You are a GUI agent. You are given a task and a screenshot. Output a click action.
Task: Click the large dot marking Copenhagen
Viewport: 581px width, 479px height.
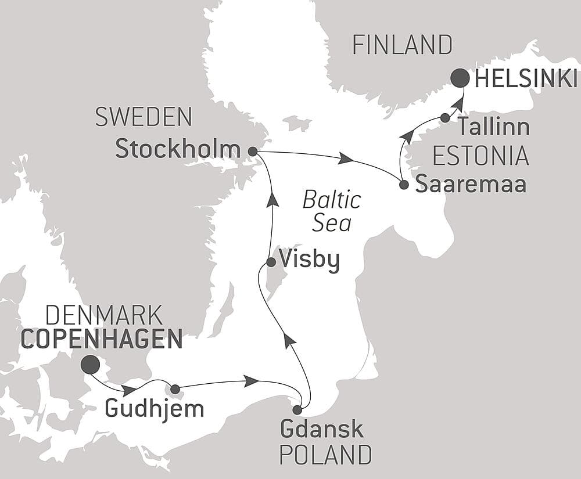(89, 365)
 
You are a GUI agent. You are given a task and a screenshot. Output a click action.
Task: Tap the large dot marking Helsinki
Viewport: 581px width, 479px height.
(461, 78)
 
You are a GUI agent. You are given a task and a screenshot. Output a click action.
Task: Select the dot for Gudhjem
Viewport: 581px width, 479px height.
(175, 389)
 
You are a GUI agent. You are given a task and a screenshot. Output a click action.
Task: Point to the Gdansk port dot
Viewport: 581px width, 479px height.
(297, 410)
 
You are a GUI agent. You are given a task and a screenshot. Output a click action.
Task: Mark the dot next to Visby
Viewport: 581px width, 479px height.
(271, 262)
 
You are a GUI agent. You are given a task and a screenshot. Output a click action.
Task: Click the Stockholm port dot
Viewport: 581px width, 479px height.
(252, 151)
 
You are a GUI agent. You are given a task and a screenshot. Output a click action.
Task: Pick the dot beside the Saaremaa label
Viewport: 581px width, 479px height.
(404, 185)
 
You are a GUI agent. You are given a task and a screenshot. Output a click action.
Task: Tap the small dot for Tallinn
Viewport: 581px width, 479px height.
(445, 118)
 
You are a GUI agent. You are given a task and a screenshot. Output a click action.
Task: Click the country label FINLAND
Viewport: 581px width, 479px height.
(402, 45)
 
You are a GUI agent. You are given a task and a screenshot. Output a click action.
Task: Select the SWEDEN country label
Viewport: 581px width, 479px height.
(144, 117)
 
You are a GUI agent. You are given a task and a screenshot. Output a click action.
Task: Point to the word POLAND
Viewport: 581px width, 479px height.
(325, 455)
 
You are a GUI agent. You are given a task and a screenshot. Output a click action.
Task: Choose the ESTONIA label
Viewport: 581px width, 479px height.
(480, 156)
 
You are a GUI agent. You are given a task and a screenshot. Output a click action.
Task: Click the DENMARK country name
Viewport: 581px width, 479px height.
(103, 316)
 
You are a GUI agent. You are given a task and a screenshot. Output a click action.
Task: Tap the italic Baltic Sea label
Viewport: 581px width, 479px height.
(332, 212)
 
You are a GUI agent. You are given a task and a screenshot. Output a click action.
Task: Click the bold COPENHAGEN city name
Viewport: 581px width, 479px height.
(102, 339)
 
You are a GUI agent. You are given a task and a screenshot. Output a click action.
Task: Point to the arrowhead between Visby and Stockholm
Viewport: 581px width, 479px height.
(271, 200)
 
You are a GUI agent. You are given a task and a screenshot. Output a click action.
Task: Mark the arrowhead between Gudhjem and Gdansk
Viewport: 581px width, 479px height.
(251, 381)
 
